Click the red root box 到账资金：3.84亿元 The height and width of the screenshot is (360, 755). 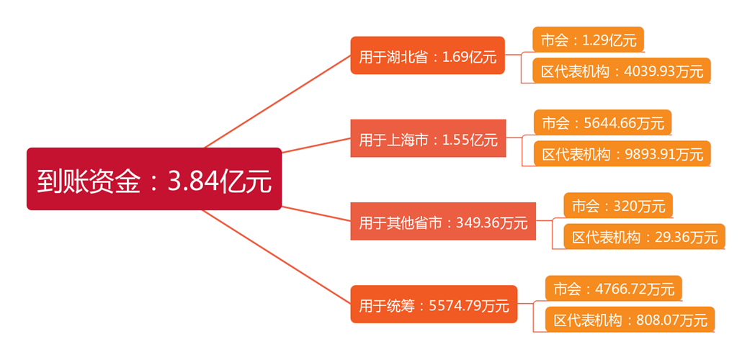click(153, 179)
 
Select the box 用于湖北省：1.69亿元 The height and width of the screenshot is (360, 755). click(427, 55)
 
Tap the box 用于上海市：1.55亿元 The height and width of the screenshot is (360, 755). click(428, 138)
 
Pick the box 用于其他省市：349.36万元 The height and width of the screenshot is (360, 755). click(443, 222)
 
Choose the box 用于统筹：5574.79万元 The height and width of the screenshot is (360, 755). click(434, 305)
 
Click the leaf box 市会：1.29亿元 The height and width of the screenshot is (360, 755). click(588, 40)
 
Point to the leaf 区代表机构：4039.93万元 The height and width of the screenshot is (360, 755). click(622, 71)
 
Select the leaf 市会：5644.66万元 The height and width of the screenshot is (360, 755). click(602, 122)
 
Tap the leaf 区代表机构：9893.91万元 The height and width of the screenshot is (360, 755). click(622, 153)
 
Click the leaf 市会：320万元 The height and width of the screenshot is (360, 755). click(617, 206)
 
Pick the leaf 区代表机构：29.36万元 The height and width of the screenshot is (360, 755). click(644, 237)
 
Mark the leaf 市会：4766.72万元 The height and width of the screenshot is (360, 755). click(613, 289)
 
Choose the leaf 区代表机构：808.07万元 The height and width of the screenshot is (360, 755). click(630, 320)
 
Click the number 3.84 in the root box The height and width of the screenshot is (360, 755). click(194, 180)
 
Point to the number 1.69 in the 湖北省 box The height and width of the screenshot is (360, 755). click(456, 57)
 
